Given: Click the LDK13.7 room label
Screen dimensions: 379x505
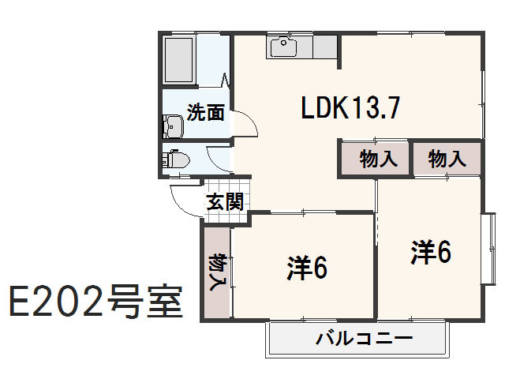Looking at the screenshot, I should [x=353, y=109].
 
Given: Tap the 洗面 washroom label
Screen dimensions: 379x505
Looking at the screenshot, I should [x=205, y=113].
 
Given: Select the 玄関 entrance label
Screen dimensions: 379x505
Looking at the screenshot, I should [x=224, y=201].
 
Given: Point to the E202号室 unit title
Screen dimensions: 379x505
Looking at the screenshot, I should [x=95, y=301].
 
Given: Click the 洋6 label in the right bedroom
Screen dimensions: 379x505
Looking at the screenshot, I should [x=430, y=252].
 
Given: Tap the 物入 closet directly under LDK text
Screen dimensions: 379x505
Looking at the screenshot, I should [x=377, y=159].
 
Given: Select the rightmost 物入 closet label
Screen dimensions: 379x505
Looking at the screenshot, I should [x=447, y=159].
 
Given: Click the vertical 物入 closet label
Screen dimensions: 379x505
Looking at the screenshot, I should [x=216, y=272].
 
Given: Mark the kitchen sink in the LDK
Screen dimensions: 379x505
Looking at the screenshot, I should [x=282, y=47].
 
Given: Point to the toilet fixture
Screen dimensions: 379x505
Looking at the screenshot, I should [x=174, y=158].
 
